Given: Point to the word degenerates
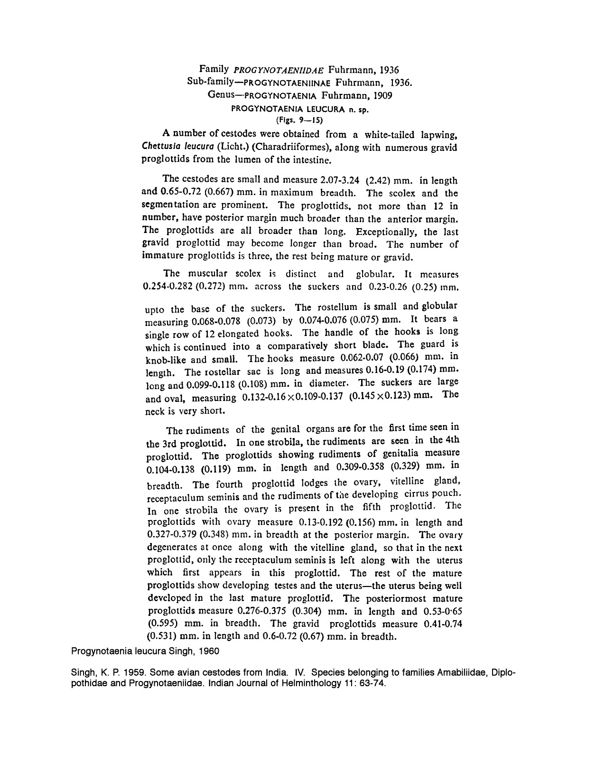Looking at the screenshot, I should (178, 548).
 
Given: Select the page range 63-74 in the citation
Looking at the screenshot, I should (374, 684).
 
